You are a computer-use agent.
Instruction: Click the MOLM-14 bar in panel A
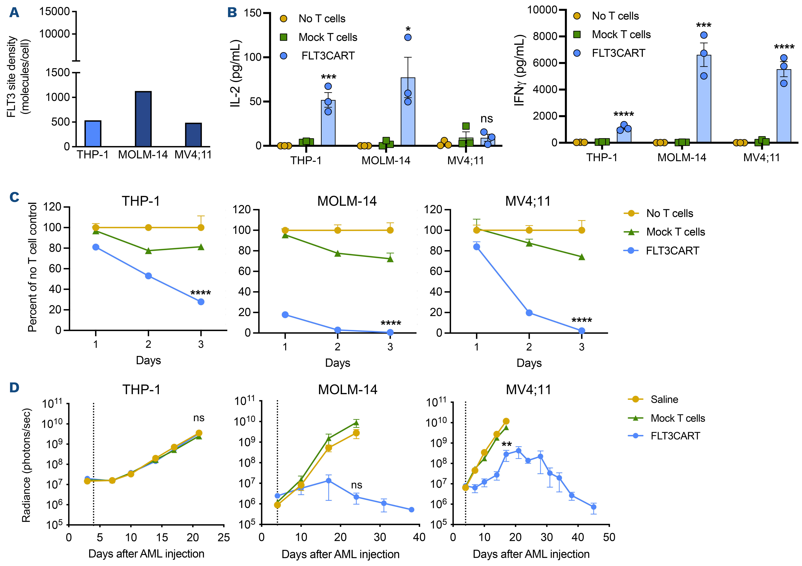coord(143,119)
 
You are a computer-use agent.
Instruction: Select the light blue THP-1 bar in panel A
coord(93,134)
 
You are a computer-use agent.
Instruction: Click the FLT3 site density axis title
coord(18,77)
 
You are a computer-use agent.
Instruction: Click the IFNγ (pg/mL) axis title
coord(520,70)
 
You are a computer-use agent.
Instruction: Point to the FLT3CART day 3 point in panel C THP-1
coord(201,302)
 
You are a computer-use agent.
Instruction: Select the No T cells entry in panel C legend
coord(669,213)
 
